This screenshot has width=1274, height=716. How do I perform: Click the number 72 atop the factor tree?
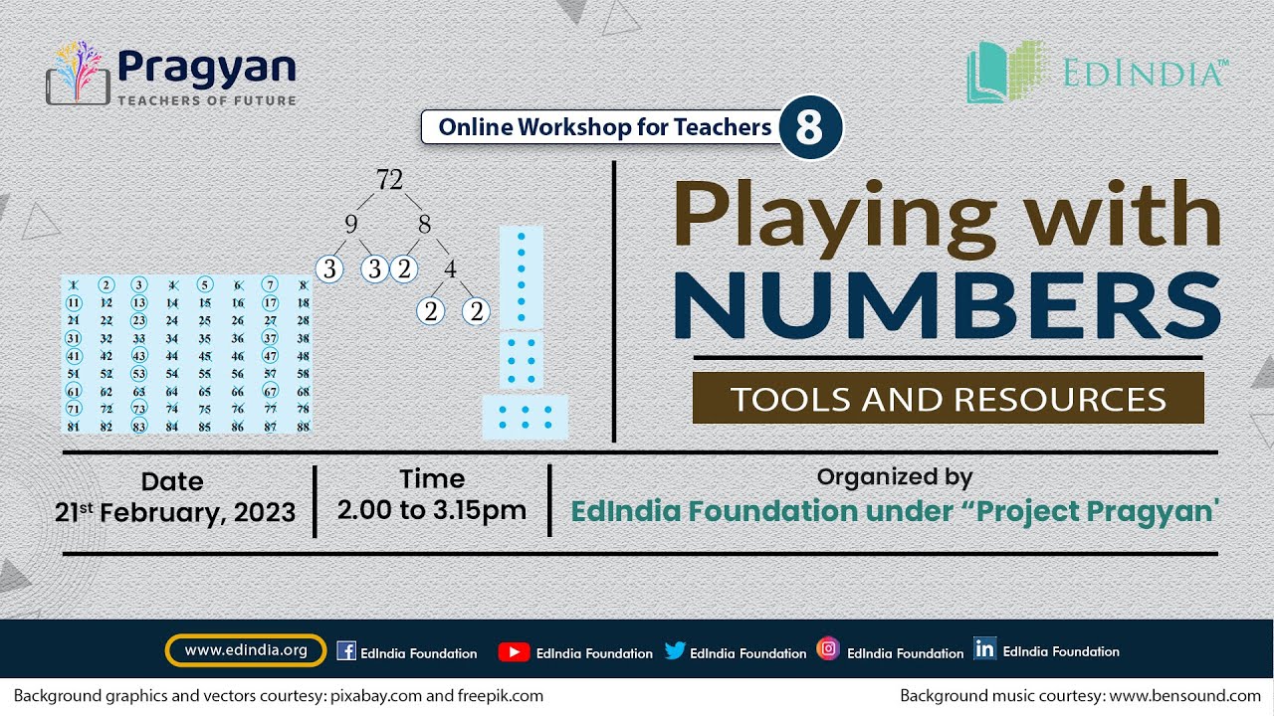(x=389, y=180)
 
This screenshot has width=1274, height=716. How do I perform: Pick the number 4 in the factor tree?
(x=450, y=268)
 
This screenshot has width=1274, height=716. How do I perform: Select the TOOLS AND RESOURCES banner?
(x=948, y=399)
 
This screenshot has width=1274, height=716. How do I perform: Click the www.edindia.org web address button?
(x=246, y=651)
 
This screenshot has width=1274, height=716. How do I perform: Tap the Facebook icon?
(x=346, y=651)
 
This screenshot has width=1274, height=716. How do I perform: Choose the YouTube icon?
(x=514, y=651)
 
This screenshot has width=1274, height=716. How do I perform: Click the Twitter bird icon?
(x=675, y=651)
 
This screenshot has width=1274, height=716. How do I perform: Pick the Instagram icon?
(x=828, y=649)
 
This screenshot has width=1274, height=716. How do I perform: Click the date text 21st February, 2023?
(x=176, y=512)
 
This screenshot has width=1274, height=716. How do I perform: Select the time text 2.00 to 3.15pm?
(x=432, y=509)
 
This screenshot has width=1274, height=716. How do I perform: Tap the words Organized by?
(x=894, y=477)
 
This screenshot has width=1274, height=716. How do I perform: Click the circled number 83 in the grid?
(x=138, y=427)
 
